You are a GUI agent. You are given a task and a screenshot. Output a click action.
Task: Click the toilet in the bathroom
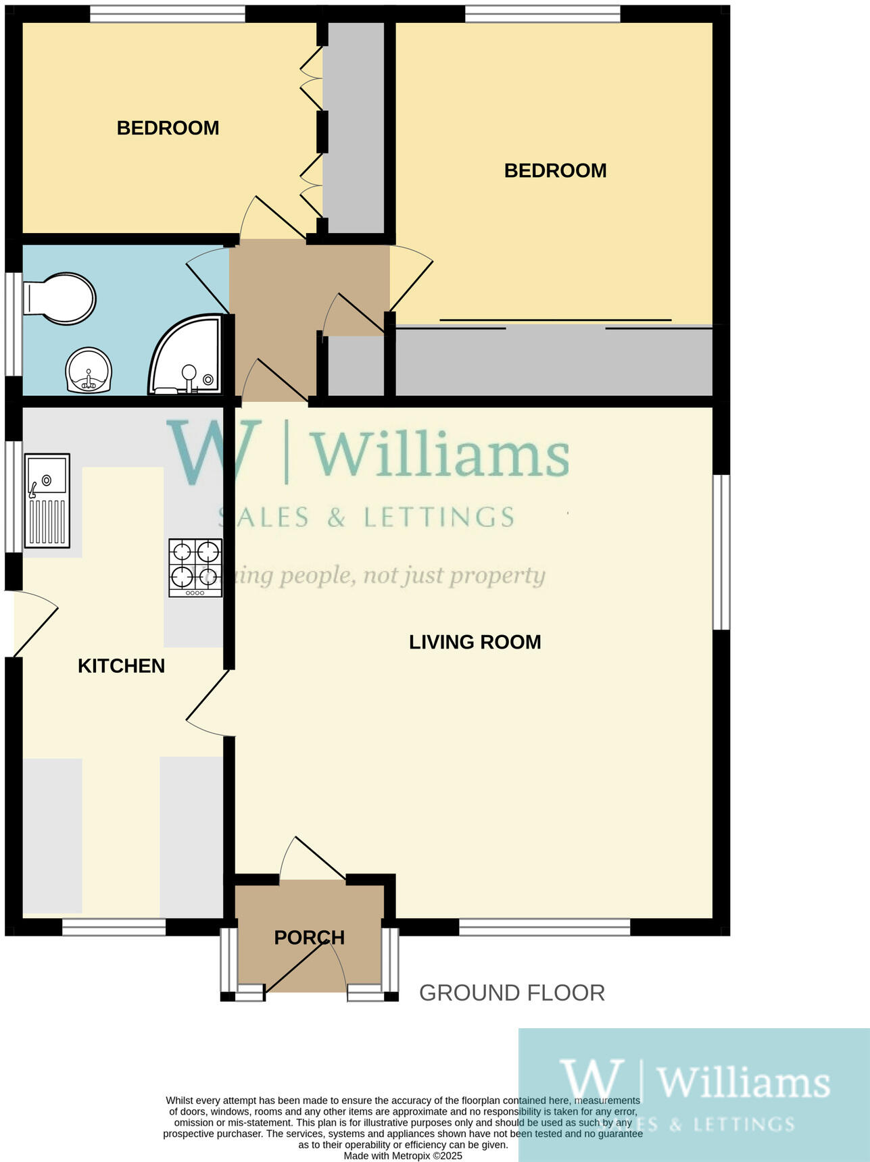click(59, 298)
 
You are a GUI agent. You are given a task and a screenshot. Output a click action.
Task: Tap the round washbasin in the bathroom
click(89, 370)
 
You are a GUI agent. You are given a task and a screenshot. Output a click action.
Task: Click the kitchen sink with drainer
click(47, 500)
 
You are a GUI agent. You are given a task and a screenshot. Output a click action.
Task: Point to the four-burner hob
click(195, 567)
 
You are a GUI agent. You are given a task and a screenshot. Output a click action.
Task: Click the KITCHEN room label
click(121, 666)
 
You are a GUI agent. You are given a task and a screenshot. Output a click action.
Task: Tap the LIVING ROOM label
click(475, 642)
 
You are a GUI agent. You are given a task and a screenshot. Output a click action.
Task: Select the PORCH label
click(309, 938)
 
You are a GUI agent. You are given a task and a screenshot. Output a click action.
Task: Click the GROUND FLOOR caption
click(512, 993)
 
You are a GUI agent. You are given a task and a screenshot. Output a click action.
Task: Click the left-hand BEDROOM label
click(168, 128)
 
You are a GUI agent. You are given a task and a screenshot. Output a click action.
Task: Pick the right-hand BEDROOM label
click(555, 170)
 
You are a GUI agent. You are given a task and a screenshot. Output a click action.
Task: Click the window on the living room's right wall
click(721, 552)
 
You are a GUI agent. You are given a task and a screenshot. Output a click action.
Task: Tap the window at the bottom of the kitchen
click(114, 927)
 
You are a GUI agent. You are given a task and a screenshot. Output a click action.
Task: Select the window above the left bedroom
click(167, 14)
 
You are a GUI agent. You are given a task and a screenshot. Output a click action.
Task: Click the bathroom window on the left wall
click(14, 323)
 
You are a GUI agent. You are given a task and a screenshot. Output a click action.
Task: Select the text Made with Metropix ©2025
click(403, 1156)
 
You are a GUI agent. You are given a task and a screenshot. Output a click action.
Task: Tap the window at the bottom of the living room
click(544, 927)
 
